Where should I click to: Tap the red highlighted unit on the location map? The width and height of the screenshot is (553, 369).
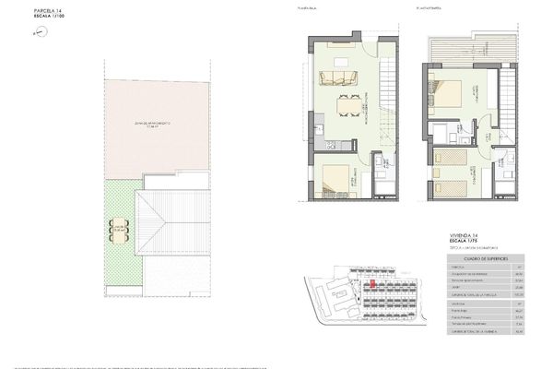(372, 286)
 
